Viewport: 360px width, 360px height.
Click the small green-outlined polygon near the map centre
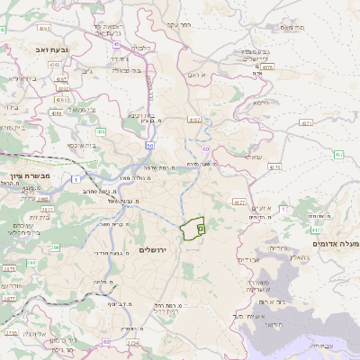coord(192,230)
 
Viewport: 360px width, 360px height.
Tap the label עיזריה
coord(278,247)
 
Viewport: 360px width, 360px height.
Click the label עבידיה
coord(319,345)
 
